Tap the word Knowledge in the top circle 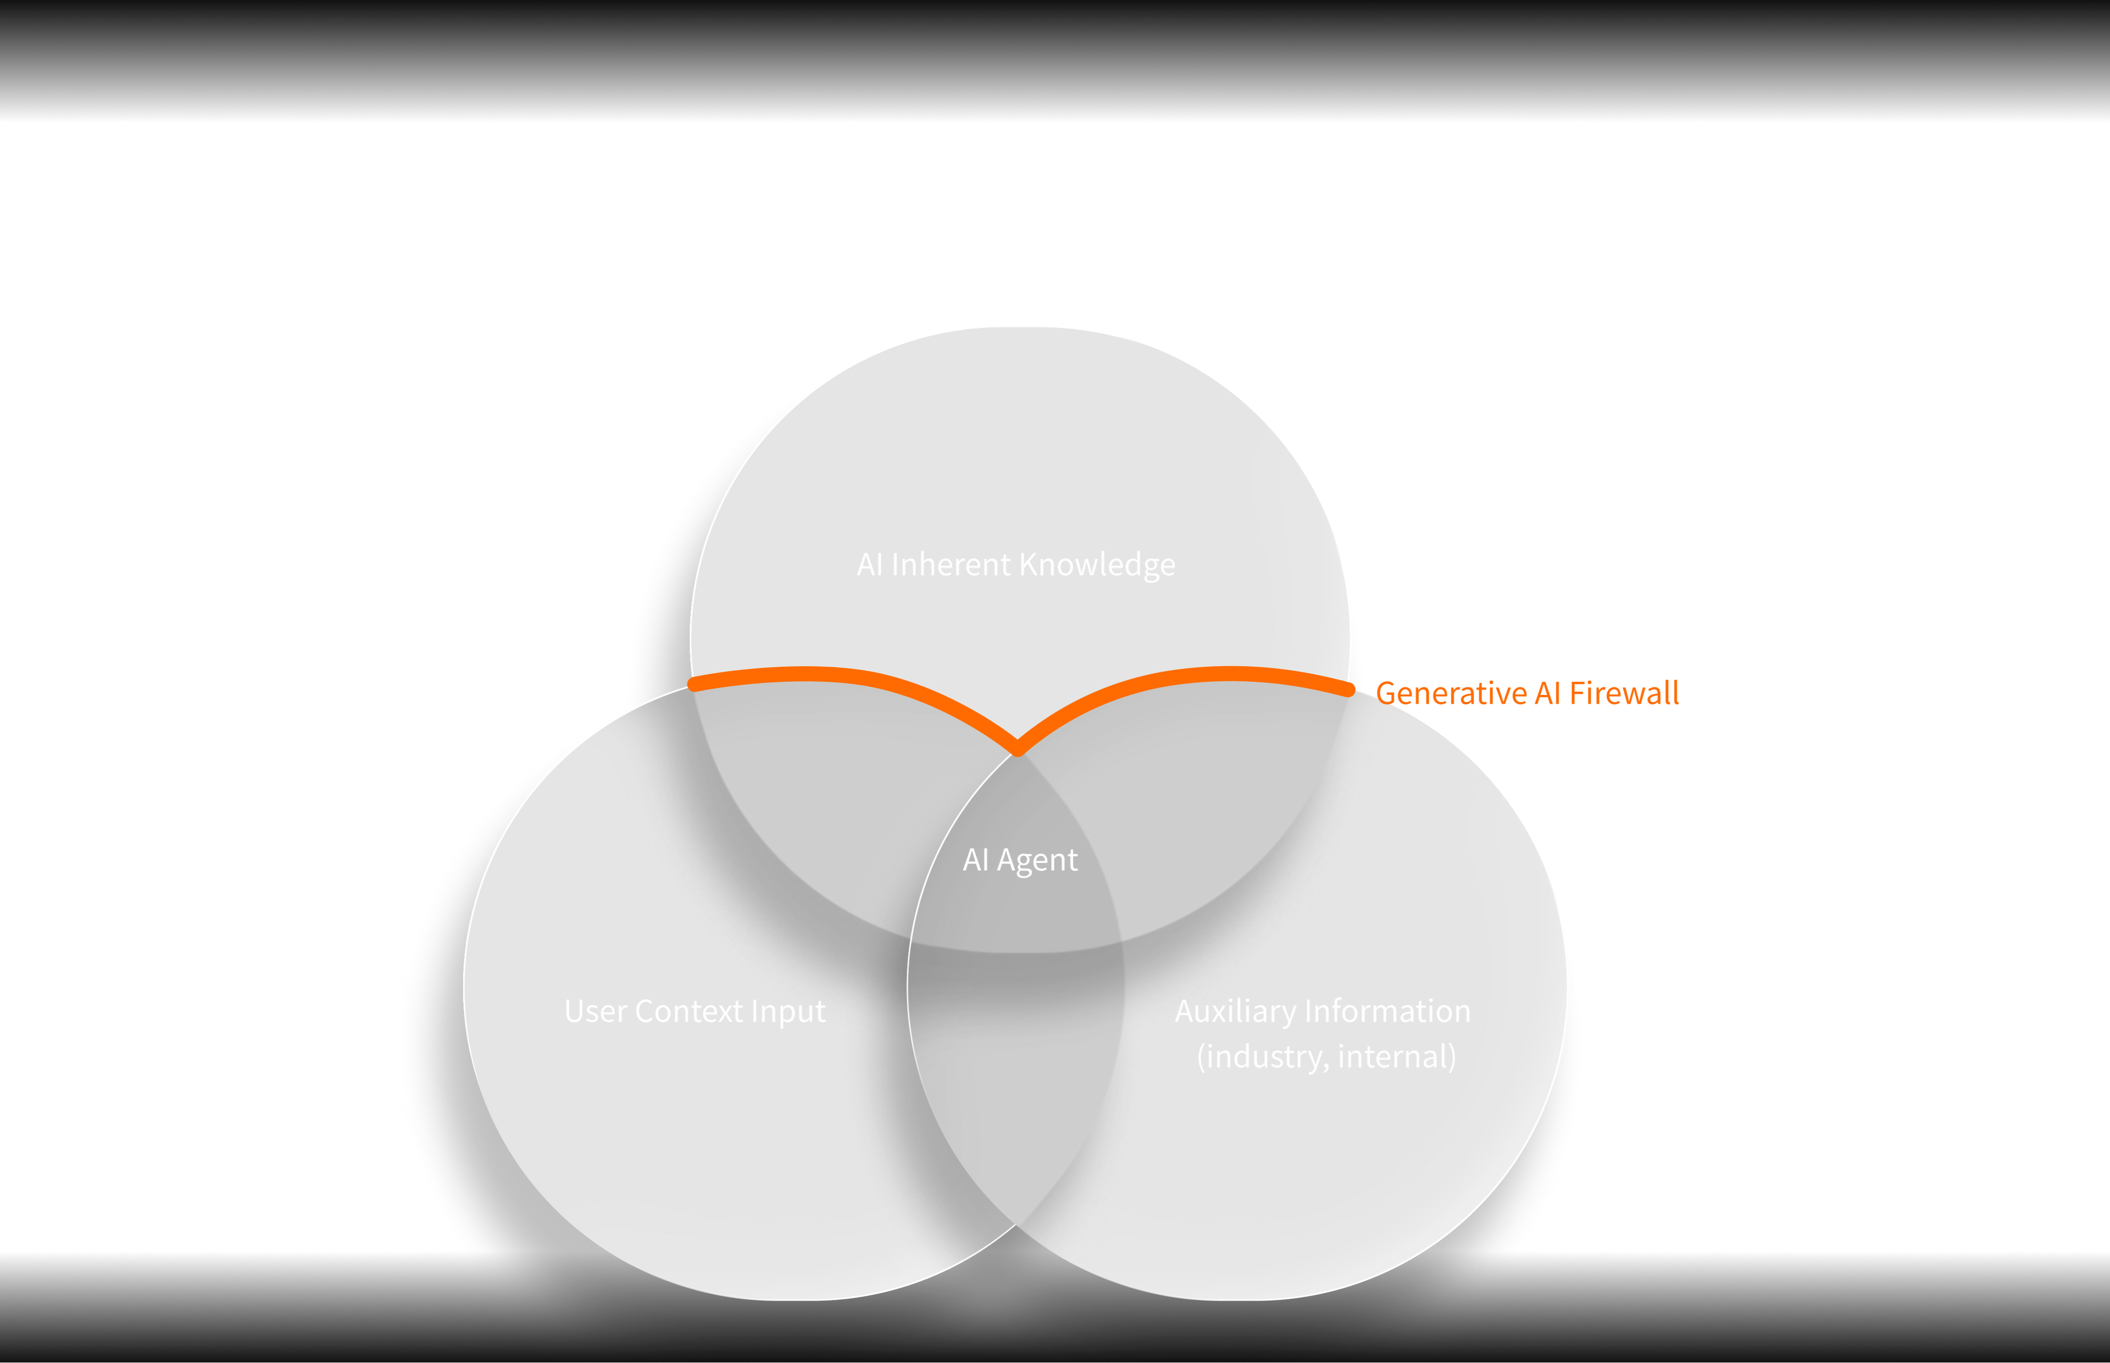point(1097,565)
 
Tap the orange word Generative point(1452,693)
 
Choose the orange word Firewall point(1624,693)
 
